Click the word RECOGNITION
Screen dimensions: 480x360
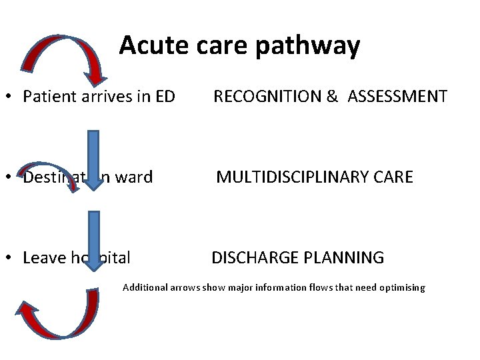coord(267,97)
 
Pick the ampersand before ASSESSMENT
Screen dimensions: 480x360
coord(332,97)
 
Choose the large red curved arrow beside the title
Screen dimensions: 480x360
coord(61,54)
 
